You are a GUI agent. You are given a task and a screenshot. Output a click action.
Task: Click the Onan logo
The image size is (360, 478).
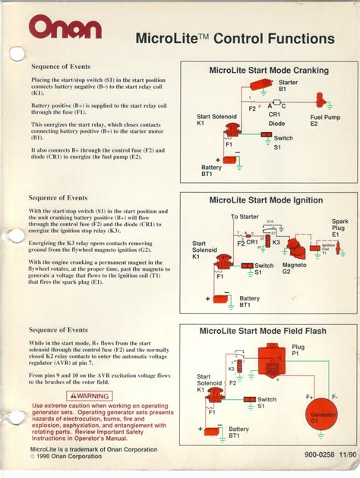(65, 27)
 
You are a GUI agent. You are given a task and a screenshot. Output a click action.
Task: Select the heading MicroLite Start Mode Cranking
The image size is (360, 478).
(268, 71)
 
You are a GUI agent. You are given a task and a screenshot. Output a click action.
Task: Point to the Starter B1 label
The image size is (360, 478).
(288, 85)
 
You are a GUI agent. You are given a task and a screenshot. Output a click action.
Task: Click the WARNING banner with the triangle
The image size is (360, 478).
(90, 395)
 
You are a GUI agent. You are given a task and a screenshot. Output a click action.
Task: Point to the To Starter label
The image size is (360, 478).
(245, 217)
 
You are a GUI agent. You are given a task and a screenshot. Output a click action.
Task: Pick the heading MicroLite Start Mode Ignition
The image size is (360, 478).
(268, 201)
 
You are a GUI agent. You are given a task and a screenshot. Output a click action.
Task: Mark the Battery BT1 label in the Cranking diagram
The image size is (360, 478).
(211, 171)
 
